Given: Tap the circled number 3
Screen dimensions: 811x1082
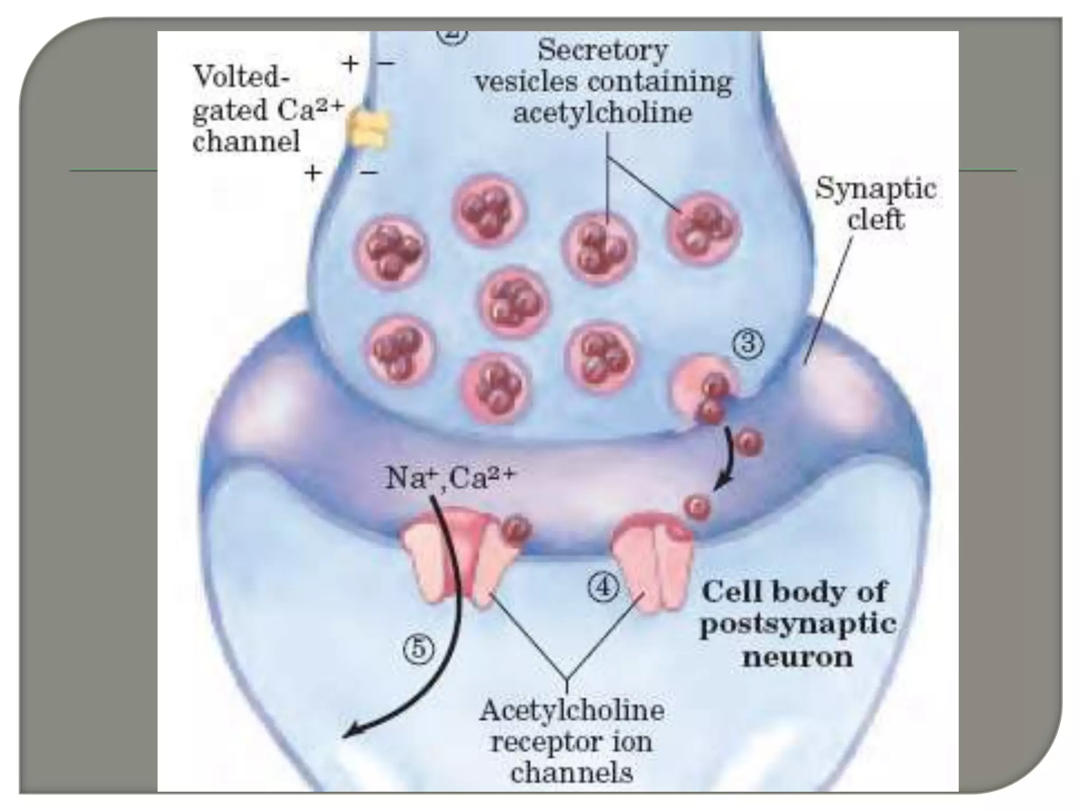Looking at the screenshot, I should (x=747, y=346).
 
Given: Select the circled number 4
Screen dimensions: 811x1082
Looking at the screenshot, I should (x=603, y=588).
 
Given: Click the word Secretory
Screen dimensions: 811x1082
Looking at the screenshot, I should (x=602, y=51).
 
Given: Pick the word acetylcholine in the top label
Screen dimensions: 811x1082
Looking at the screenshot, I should (x=602, y=114).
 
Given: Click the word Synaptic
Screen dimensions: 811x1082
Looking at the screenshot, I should (x=875, y=188).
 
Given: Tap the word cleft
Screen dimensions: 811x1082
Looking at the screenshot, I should (x=875, y=219).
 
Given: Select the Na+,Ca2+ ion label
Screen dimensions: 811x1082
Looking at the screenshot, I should (x=449, y=478).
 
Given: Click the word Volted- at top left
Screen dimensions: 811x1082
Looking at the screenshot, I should (x=242, y=78).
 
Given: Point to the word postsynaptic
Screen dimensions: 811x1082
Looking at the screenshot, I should (x=798, y=625).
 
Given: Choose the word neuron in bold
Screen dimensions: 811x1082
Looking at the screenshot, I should (x=798, y=657).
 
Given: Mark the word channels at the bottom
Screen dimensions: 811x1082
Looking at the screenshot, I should (x=572, y=774).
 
